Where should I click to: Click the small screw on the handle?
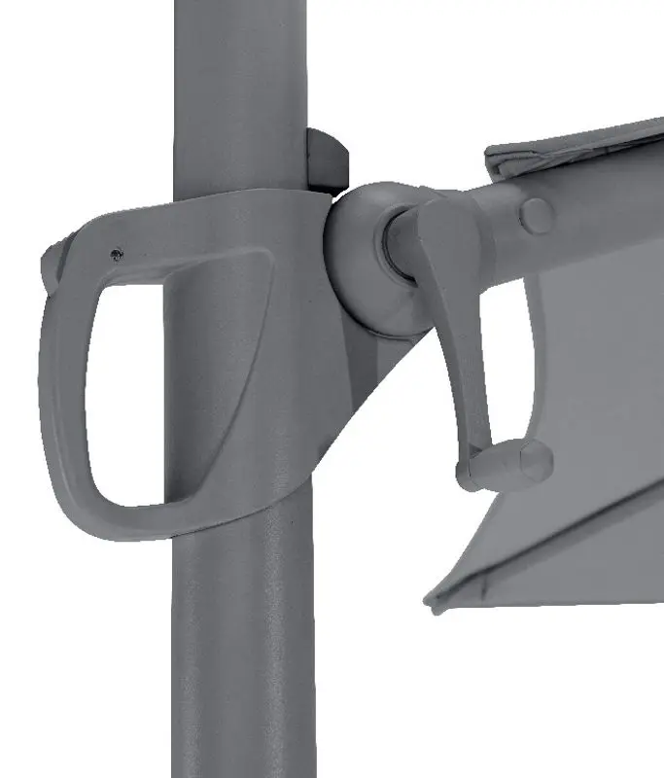(117, 255)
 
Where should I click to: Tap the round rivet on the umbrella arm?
(536, 215)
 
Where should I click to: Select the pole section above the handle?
(238, 88)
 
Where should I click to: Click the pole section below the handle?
(243, 661)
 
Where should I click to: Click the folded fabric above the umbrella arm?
(574, 151)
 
